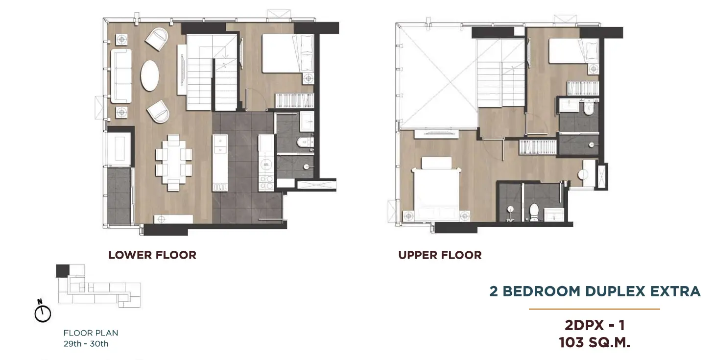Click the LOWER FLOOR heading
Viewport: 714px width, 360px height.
pos(152,255)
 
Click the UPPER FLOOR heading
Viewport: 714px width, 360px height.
pos(440,255)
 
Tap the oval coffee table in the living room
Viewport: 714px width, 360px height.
pos(150,75)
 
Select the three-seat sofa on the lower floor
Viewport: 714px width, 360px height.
pos(121,76)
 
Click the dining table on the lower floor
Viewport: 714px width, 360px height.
pos(174,163)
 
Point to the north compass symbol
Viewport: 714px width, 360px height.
pos(43,311)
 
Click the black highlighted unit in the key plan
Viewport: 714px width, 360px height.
pos(63,271)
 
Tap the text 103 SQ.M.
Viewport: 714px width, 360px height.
pos(595,342)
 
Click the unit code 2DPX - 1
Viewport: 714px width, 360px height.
pos(595,325)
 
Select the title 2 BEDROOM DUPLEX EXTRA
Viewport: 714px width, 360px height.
pos(595,291)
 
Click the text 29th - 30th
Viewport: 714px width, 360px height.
pos(86,344)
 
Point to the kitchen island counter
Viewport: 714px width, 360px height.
pos(220,163)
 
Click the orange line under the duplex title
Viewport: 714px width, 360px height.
pos(595,309)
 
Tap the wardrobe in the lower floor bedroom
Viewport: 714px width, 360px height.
pos(294,100)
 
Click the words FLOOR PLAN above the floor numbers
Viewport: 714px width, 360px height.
pos(91,333)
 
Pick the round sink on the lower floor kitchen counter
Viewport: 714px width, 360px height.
pos(266,165)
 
